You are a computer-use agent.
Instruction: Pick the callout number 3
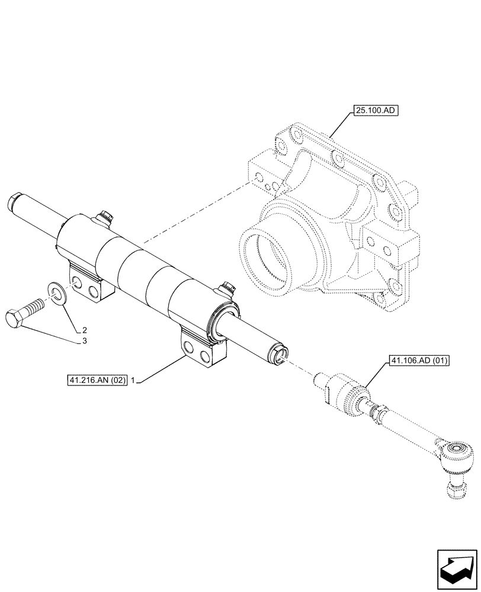85,342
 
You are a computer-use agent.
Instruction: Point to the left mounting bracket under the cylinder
91,283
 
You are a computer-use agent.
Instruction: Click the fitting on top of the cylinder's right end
226,289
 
